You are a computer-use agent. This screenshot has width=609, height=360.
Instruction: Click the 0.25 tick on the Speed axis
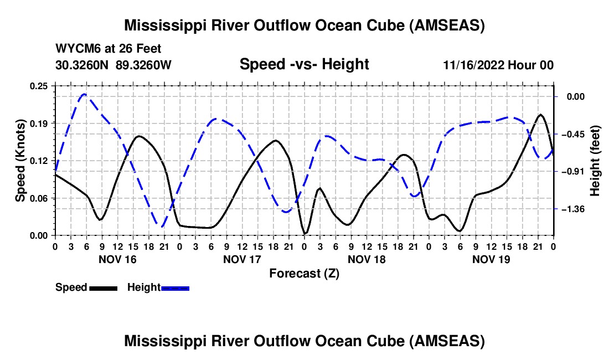click(x=39, y=86)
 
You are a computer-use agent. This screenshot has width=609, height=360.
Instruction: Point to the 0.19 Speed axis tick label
click(x=39, y=124)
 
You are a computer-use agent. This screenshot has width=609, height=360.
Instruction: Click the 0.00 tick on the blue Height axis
click(x=576, y=97)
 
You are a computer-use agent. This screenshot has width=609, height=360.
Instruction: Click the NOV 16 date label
click(x=118, y=259)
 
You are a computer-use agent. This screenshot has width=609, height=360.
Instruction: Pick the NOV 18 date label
click(x=367, y=259)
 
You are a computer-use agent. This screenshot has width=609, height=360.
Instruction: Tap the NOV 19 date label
click(x=491, y=259)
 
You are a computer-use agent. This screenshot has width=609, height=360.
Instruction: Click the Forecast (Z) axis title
click(x=304, y=274)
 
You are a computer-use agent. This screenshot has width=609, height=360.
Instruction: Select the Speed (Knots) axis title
click(x=20, y=161)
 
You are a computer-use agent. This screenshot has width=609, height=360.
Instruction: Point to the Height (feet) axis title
click(x=595, y=161)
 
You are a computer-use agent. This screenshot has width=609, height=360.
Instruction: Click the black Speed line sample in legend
click(x=104, y=288)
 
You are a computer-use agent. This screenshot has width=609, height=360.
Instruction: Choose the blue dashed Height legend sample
click(x=175, y=288)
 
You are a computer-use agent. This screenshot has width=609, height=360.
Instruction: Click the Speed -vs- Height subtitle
click(x=304, y=64)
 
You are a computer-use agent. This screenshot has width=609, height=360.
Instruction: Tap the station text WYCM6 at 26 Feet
click(x=109, y=49)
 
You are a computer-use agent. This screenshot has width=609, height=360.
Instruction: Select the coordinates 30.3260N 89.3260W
click(x=113, y=65)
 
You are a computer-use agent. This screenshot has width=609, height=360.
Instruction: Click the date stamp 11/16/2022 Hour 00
click(x=498, y=65)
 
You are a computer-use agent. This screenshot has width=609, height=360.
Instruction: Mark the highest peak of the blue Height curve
click(x=84, y=94)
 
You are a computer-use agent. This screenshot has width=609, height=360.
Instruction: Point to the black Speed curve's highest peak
click(x=540, y=115)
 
